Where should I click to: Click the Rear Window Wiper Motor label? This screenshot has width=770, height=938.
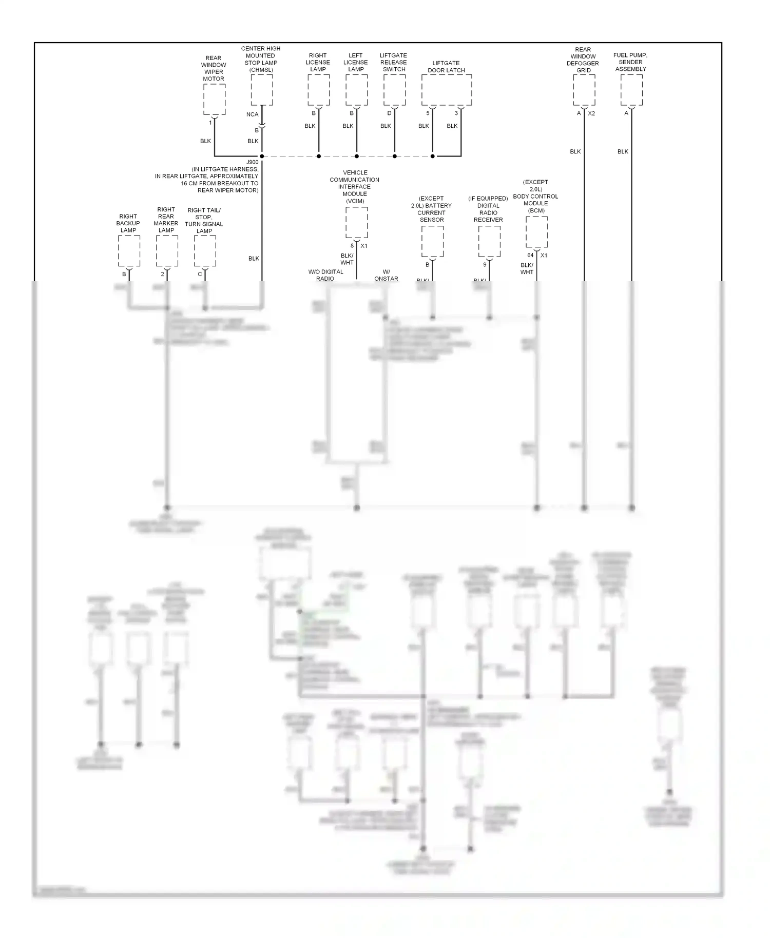tap(214, 68)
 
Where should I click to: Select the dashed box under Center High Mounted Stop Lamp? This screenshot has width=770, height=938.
tap(262, 90)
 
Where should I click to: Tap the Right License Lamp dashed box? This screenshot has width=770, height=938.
tap(319, 90)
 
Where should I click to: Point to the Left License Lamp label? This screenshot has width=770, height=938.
tap(356, 62)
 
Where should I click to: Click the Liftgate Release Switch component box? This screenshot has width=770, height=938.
tap(395, 90)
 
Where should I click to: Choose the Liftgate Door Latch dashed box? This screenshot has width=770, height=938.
tap(447, 90)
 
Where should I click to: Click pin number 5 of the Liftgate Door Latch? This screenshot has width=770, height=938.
tap(428, 113)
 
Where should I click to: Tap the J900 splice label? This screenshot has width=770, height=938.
tap(253, 162)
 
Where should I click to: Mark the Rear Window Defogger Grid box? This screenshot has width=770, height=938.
tap(584, 90)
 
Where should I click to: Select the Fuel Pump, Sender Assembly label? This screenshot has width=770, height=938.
tap(630, 62)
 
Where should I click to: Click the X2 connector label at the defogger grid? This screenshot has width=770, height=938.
tap(591, 113)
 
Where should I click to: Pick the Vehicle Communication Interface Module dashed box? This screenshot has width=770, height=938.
tap(357, 222)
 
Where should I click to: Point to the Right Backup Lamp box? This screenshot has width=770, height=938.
tap(129, 251)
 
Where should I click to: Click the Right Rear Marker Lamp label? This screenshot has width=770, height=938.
tap(166, 220)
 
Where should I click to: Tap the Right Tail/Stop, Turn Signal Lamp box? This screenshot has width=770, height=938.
tap(205, 251)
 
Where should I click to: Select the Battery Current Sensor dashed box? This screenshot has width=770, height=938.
tap(432, 241)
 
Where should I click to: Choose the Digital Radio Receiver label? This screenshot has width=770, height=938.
tap(488, 209)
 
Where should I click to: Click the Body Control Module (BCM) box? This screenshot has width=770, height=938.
tap(537, 232)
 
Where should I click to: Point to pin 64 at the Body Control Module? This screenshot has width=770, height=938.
tap(530, 255)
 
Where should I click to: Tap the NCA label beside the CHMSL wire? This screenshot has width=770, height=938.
tap(252, 114)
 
